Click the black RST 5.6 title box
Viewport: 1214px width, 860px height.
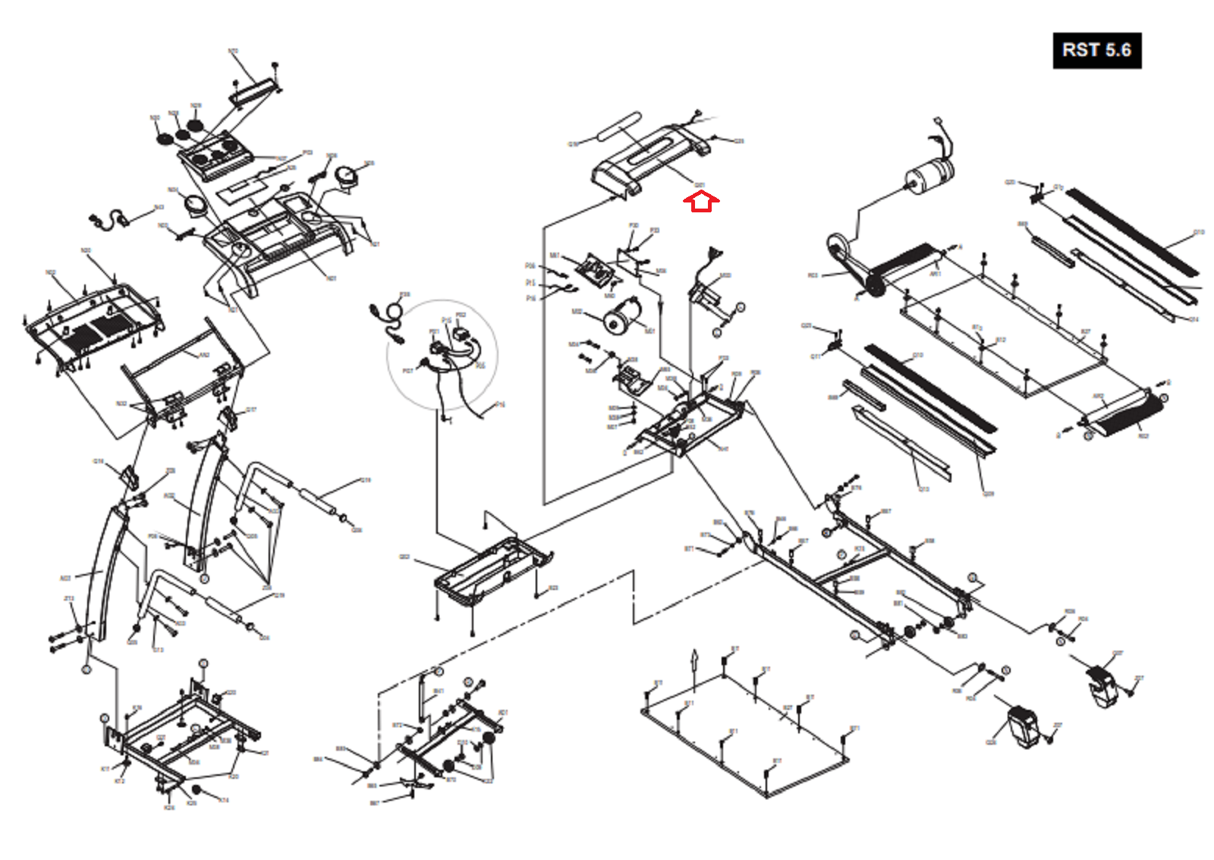[1096, 51]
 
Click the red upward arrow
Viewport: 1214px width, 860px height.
[701, 202]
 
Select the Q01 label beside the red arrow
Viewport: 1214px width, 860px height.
[700, 185]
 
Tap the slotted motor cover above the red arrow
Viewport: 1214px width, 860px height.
[649, 159]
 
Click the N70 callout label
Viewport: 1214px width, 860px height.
[233, 52]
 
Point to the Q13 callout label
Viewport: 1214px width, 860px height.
[924, 489]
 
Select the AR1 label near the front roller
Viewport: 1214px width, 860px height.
[935, 274]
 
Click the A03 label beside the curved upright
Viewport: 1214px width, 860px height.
[65, 579]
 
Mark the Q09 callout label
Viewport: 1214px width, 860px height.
[988, 494]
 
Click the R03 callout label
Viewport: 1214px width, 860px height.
[813, 276]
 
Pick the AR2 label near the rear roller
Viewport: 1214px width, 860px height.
[1097, 397]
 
